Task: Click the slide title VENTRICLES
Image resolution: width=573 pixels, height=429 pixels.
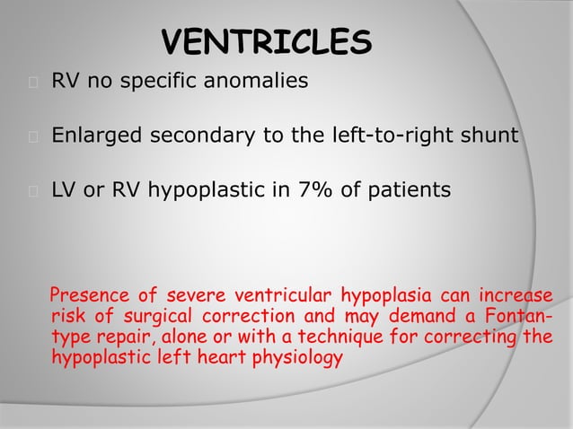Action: click(266, 43)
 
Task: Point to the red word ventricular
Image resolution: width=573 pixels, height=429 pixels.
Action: click(261, 296)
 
